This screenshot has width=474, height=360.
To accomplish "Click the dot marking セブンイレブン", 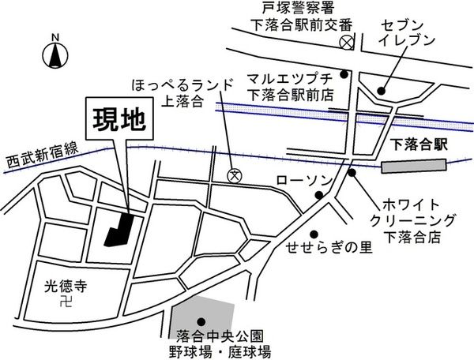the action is (382, 89).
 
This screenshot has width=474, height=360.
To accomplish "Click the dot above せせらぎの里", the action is (314, 234).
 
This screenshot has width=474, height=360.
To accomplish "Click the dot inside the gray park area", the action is (201, 320).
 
